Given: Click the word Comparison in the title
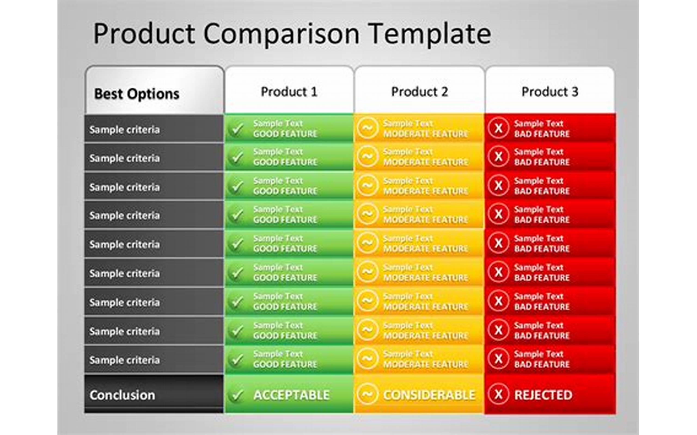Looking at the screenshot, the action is (282, 34).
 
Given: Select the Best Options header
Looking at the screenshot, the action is (136, 94).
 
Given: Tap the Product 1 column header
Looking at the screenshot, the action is (289, 92).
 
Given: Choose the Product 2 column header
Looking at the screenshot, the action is (419, 92).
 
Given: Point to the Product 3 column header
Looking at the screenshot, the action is (550, 92).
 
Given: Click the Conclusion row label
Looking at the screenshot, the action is (122, 395).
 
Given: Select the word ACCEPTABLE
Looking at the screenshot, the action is (291, 395).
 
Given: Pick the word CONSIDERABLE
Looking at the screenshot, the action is (429, 395).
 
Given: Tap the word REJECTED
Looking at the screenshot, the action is (543, 395).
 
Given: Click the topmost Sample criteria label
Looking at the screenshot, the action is (124, 129).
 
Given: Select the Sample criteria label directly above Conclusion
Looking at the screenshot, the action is (124, 360).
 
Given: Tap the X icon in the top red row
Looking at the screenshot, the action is (498, 128).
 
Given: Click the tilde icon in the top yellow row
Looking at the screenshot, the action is (367, 128).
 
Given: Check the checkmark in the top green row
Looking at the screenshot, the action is (237, 129).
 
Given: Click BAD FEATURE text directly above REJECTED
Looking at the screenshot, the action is (542, 364).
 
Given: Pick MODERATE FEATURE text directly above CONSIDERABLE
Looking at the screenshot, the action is (425, 364).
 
